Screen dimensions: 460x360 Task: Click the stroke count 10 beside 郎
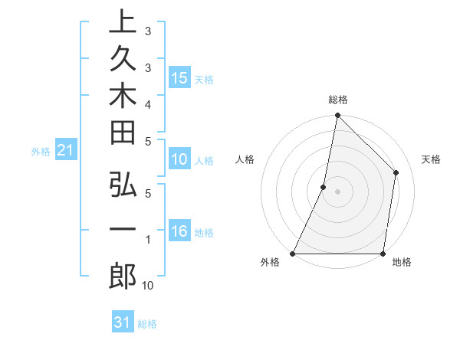[148, 285]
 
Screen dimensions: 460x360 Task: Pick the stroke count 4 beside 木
[148, 103]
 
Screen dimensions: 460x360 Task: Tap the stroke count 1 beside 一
[148, 241]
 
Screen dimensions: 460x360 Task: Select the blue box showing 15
[179, 78]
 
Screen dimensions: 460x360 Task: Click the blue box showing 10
[179, 159]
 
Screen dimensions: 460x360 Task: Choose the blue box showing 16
[179, 232]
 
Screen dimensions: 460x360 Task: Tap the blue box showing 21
[65, 151]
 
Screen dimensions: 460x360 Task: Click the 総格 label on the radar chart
[338, 100]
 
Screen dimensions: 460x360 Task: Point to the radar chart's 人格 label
[245, 159]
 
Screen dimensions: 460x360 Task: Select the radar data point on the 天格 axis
[396, 172]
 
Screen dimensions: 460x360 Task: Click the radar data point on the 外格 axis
[293, 254]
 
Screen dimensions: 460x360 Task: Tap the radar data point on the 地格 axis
[383, 254]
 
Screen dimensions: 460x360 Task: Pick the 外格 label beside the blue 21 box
[41, 152]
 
